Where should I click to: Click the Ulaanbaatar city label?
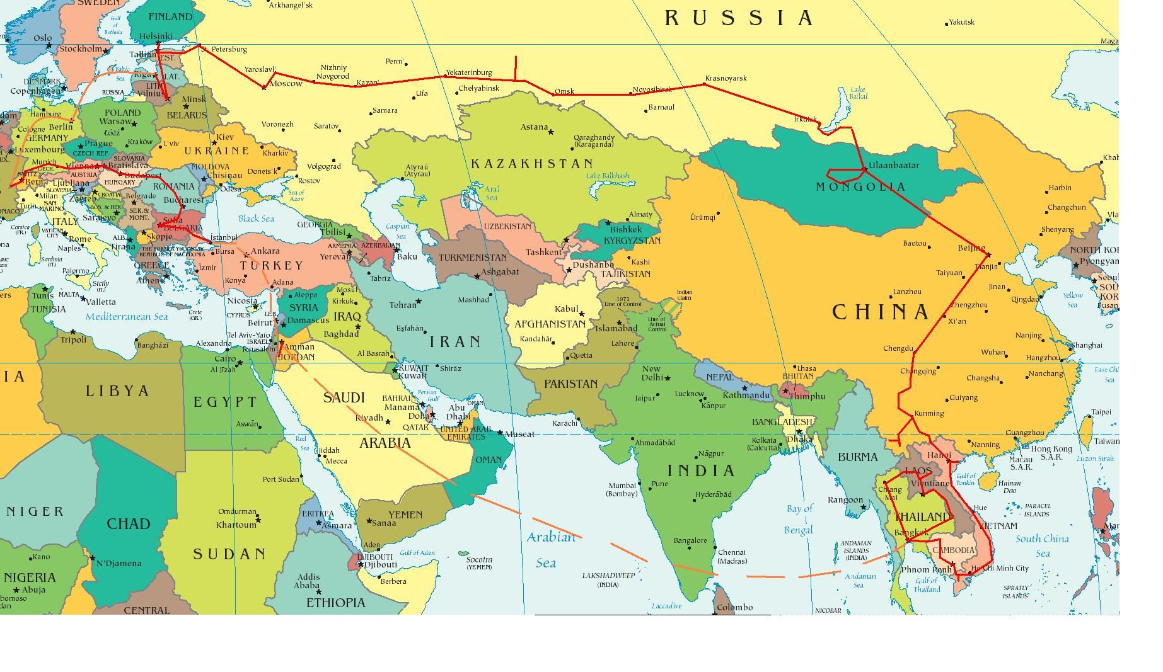(x=894, y=166)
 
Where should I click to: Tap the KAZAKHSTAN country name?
(x=532, y=164)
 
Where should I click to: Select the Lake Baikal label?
(x=858, y=93)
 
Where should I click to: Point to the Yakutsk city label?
(x=961, y=22)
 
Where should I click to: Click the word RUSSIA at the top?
(x=739, y=18)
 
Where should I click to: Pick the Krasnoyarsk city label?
(x=726, y=78)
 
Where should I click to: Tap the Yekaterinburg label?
(x=468, y=72)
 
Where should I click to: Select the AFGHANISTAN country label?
(x=550, y=324)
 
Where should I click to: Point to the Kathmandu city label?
(x=746, y=396)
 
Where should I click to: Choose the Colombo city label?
(x=735, y=607)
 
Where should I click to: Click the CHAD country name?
(x=128, y=524)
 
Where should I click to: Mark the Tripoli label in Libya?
(x=73, y=339)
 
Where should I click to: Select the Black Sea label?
(x=256, y=219)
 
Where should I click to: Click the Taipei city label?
(x=1101, y=413)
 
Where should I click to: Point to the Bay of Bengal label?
(x=799, y=519)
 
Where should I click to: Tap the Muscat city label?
(x=519, y=434)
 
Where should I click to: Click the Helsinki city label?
(x=155, y=36)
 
